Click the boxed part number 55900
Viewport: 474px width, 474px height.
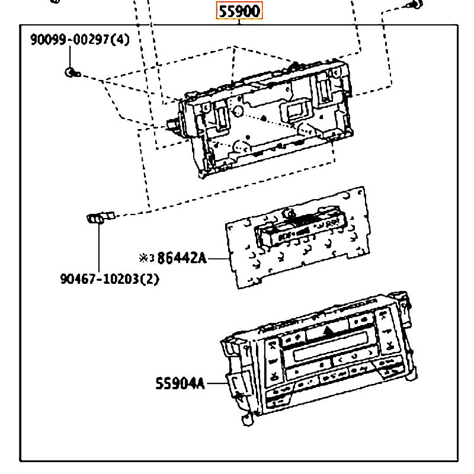(x=239, y=11)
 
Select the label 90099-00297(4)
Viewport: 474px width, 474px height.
(x=80, y=40)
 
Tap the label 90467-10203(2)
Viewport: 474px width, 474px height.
(x=110, y=278)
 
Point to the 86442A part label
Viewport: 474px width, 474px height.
(x=182, y=258)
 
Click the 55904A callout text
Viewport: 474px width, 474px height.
(x=180, y=383)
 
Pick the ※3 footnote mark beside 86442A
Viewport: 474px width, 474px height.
(x=146, y=258)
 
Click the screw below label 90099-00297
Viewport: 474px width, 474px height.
(x=72, y=72)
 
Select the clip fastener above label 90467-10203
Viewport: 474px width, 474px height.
(x=101, y=217)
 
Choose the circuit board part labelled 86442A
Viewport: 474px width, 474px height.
(x=298, y=238)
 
